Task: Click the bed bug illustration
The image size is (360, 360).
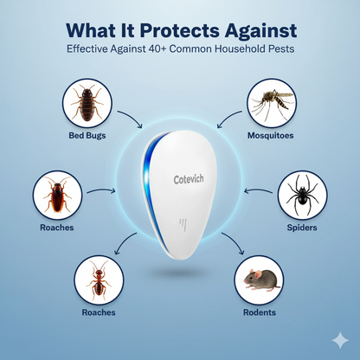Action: coord(87,103)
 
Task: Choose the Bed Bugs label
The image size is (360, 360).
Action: coord(87,136)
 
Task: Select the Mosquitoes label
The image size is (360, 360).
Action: coord(271,136)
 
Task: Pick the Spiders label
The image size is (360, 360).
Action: coord(302,228)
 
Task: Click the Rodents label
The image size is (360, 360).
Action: coord(260,312)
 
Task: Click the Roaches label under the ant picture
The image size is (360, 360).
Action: coord(98,312)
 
